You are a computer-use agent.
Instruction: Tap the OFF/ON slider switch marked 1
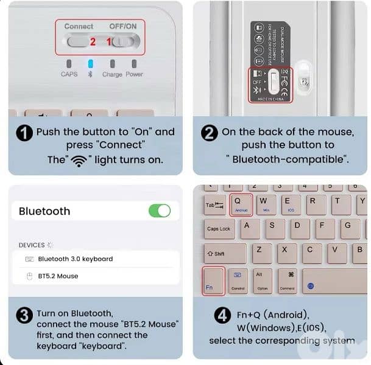pos(125,41)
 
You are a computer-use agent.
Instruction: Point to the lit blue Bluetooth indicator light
pos(91,64)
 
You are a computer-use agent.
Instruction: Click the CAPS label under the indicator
pos(69,74)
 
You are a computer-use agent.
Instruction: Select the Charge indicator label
pos(112,74)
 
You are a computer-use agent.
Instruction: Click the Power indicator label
pos(134,74)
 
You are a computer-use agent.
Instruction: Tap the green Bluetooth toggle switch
pos(160,210)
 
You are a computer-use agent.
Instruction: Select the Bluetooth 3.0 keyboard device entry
pos(75,259)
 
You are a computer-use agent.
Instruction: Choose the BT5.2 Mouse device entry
pos(58,276)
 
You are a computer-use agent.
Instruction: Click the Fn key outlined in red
pos(213,281)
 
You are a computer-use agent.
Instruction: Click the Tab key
pos(214,205)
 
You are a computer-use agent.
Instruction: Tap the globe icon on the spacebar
pos(311,286)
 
